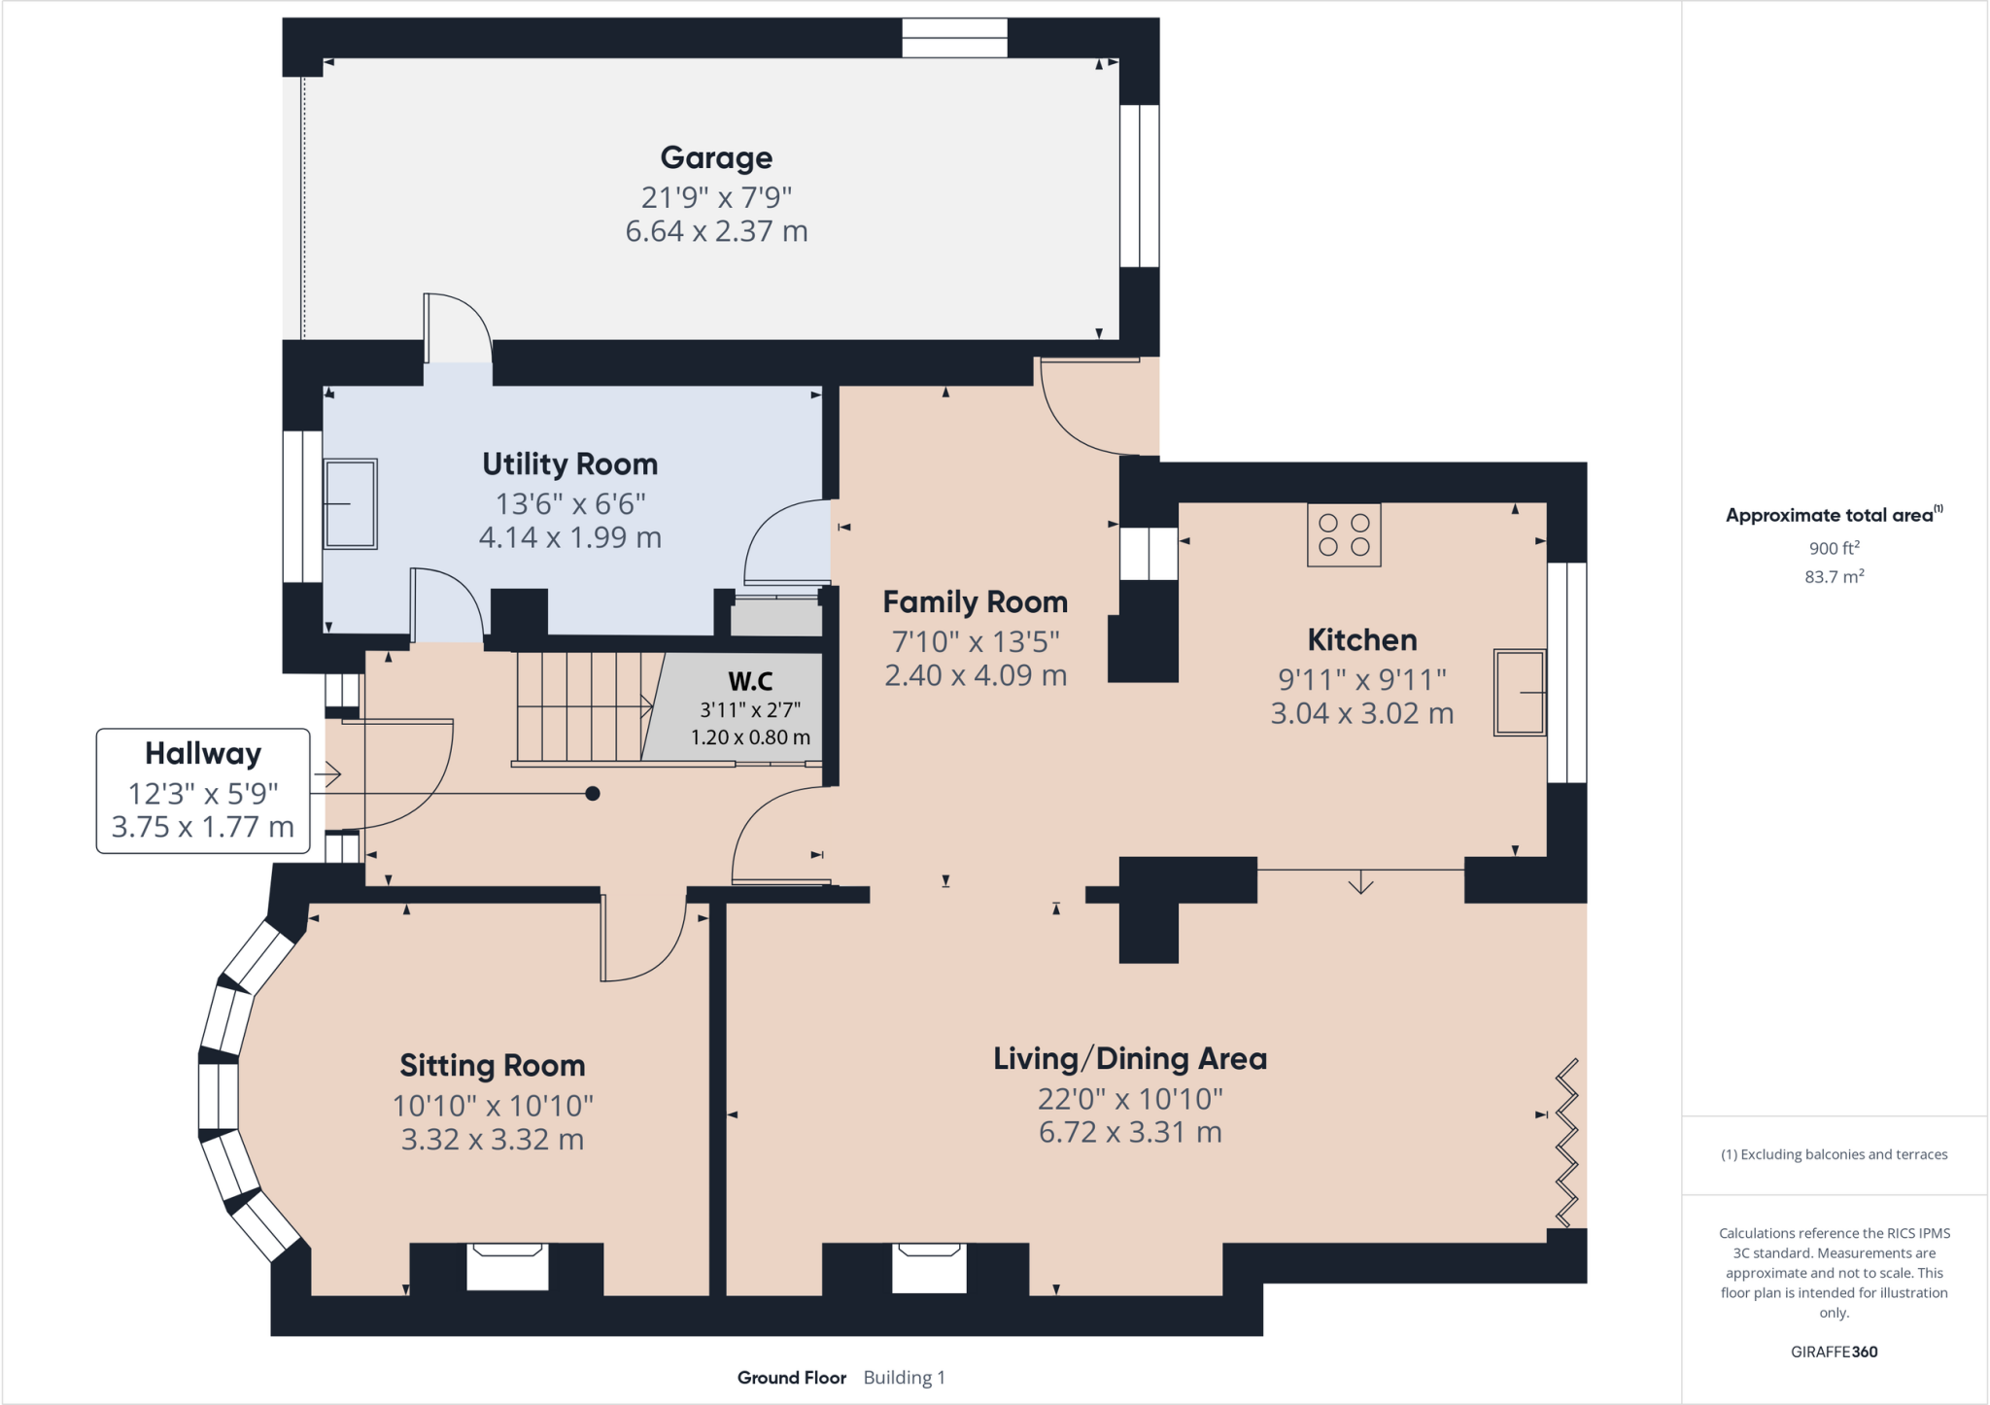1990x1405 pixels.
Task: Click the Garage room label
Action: tap(716, 157)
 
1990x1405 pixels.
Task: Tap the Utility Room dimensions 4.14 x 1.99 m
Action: tap(569, 537)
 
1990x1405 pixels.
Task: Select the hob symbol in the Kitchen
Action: tap(1344, 534)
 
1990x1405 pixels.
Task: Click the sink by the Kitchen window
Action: tap(1520, 692)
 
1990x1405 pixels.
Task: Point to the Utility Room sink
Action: tap(350, 504)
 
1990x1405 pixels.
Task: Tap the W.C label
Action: tap(750, 681)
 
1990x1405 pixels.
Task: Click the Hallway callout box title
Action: tap(203, 754)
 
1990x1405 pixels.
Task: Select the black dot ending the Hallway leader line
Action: tap(593, 794)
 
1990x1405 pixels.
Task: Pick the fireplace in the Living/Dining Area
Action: tap(929, 1266)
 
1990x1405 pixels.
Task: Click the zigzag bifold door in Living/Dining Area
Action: tap(1566, 1143)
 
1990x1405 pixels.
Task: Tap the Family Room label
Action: tap(975, 602)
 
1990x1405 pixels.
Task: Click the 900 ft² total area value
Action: tap(1834, 548)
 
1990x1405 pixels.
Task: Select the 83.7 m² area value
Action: tap(1834, 577)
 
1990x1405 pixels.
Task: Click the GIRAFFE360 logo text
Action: tap(1834, 1352)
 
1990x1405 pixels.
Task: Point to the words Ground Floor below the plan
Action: tap(791, 1378)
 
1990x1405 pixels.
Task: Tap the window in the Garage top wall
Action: tap(954, 38)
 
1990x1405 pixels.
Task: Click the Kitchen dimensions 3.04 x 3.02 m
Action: tap(1361, 713)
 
